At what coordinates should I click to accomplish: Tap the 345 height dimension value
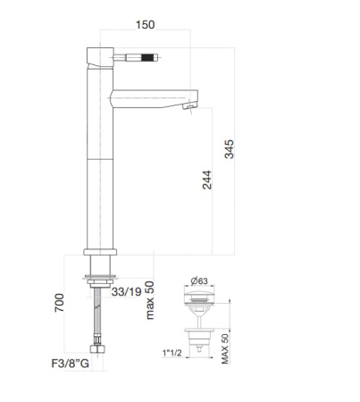pos(230,149)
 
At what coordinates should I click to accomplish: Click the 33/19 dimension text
pos(125,290)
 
